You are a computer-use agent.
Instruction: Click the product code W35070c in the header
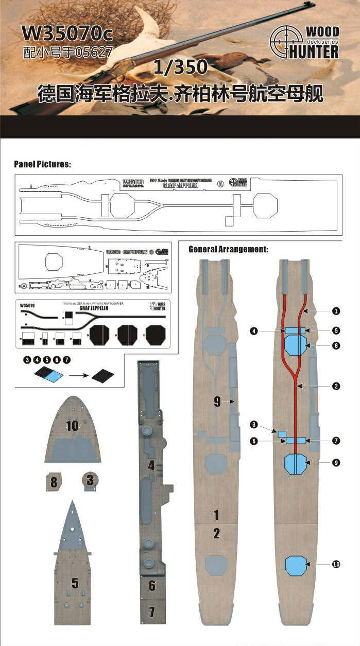pyautogui.click(x=66, y=35)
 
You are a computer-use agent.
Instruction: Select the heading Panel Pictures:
pyautogui.click(x=42, y=164)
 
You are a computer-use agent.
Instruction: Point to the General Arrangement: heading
pyautogui.click(x=228, y=249)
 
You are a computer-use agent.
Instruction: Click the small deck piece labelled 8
pyautogui.click(x=54, y=482)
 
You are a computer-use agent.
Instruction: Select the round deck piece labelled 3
pyautogui.click(x=90, y=480)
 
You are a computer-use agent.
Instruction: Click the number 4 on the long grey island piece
pyautogui.click(x=151, y=466)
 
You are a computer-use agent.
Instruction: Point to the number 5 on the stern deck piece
pyautogui.click(x=75, y=583)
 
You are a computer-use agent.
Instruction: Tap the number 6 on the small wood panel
pyautogui.click(x=151, y=586)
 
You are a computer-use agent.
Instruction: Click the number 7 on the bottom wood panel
pyautogui.click(x=151, y=612)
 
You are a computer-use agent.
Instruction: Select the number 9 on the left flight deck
pyautogui.click(x=217, y=402)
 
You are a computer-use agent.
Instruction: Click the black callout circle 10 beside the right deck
pyautogui.click(x=336, y=565)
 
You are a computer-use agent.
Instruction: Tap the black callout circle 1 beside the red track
pyautogui.click(x=336, y=311)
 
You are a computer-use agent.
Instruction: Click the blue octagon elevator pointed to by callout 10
pyautogui.click(x=296, y=565)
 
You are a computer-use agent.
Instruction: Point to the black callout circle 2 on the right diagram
pyautogui.click(x=336, y=386)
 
